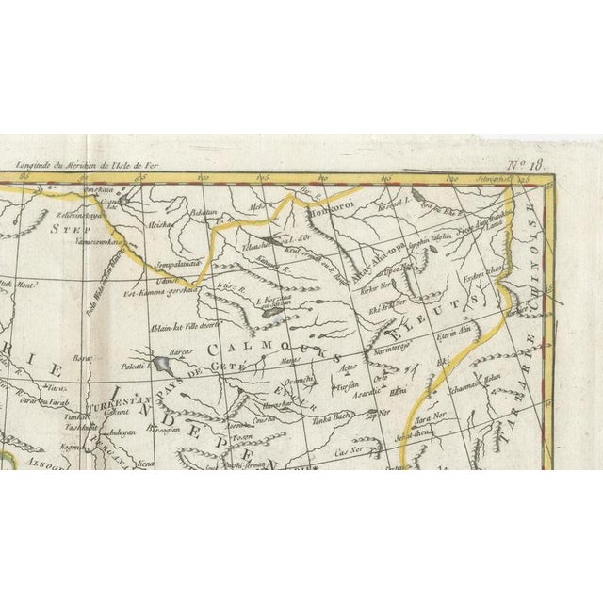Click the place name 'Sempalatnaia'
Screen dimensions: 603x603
179,264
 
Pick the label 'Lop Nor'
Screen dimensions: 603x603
379,413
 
